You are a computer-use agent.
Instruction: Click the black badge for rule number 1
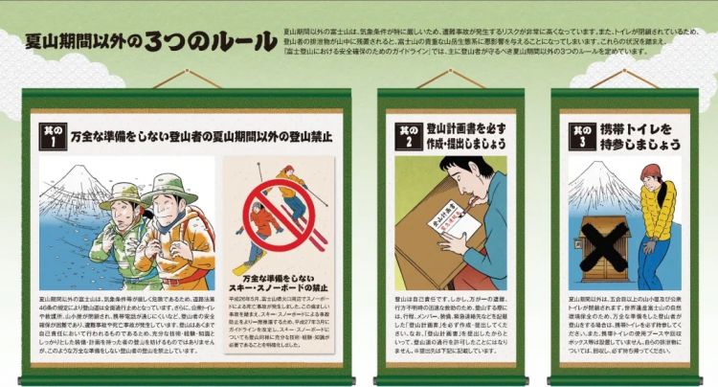click(51, 135)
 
